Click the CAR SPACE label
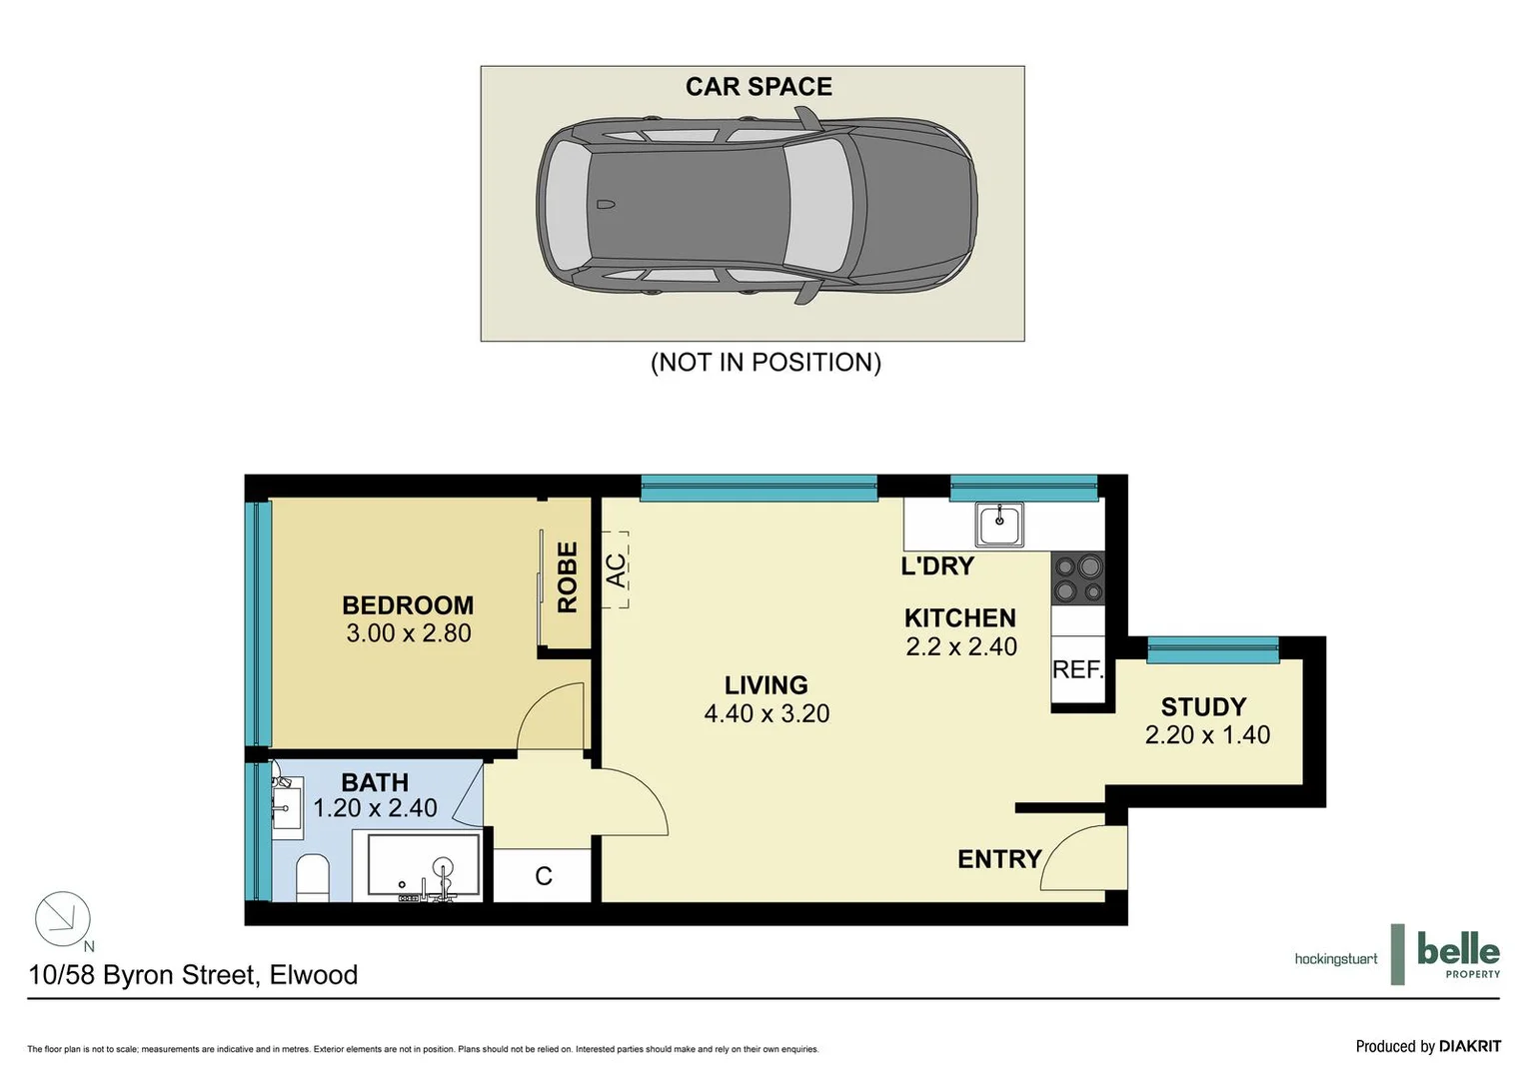pos(759,87)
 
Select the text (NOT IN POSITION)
pos(765,362)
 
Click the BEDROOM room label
pos(408,605)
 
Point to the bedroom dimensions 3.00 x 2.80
pos(408,633)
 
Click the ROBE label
pos(567,577)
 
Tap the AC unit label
pos(616,570)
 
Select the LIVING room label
pos(765,685)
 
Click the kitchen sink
pos(999,524)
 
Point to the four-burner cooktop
pos(1077,578)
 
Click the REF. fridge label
pos(1077,669)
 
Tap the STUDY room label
pos(1203,707)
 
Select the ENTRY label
pos(999,859)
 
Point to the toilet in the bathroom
pos(313,877)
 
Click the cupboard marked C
pos(544,876)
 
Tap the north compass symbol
pos(63,919)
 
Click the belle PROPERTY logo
pos(1457,955)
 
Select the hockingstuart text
pos(1335,959)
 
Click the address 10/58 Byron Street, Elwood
pos(193,975)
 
